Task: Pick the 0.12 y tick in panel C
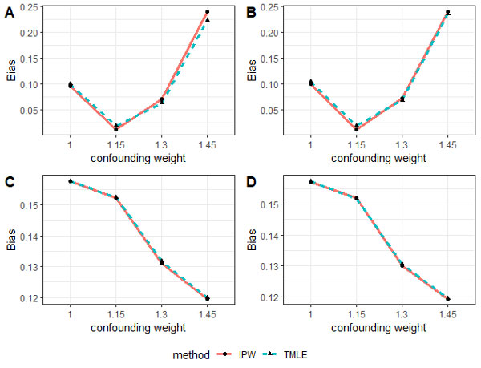tap(38, 298)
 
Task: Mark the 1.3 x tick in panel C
tap(161, 317)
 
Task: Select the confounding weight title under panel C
tap(138, 330)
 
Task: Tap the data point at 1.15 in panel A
tap(115, 128)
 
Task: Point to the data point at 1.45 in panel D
tap(448, 299)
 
